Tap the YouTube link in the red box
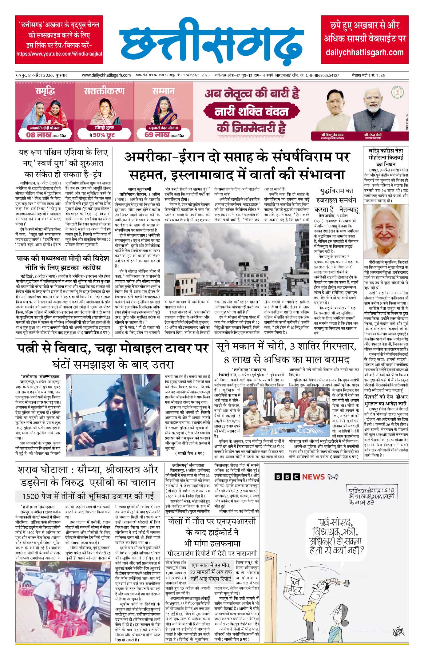tap(59, 53)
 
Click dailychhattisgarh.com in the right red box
tap(364, 52)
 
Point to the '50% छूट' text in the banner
tap(104, 135)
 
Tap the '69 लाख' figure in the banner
tap(157, 135)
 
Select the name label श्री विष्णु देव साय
tap(332, 135)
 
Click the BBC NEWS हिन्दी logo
tap(306, 477)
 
